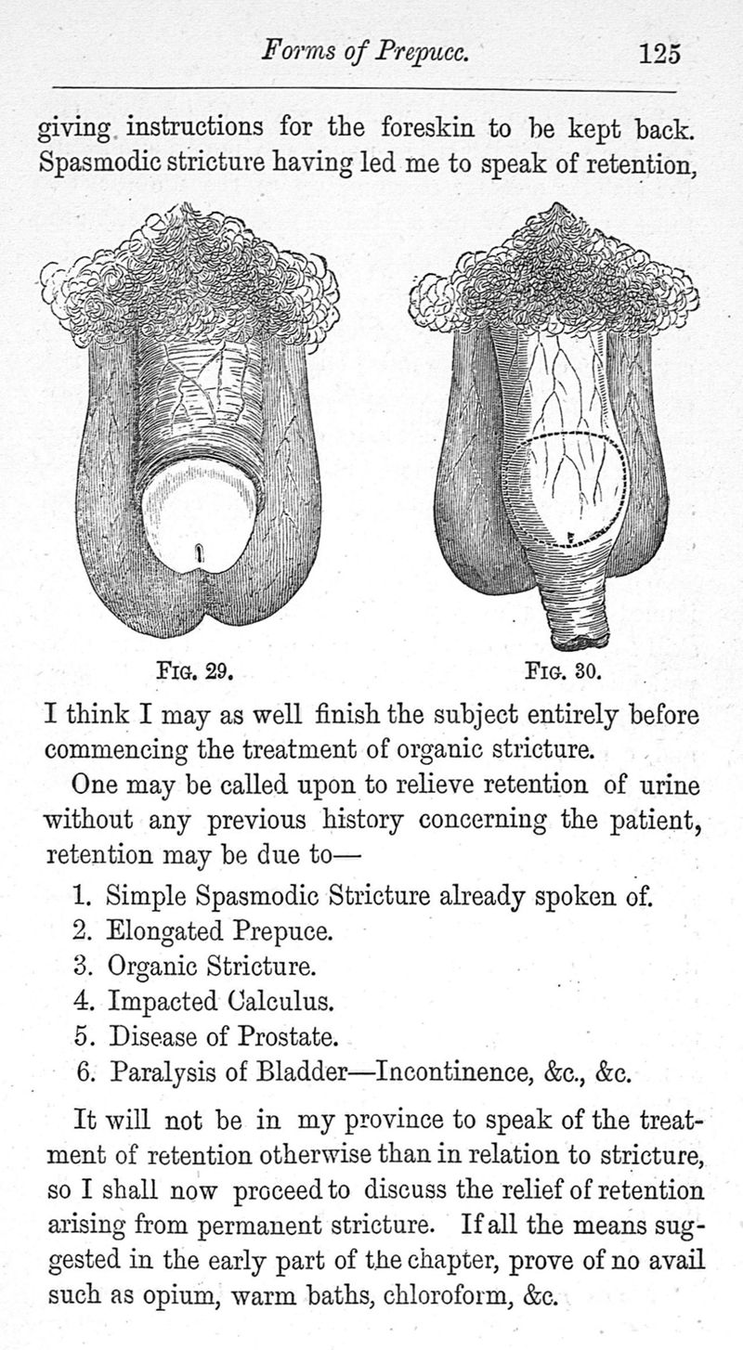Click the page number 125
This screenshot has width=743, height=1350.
(659, 54)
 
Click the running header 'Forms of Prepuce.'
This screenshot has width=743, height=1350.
(365, 52)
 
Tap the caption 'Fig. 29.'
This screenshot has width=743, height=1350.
(194, 670)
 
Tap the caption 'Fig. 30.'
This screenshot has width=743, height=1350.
(563, 670)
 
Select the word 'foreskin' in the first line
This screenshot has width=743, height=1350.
(427, 128)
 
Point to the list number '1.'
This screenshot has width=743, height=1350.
(83, 896)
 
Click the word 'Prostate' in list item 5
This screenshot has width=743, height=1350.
(287, 1036)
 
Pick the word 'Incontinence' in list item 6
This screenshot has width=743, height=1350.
(450, 1072)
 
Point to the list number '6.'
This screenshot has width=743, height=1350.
(87, 1072)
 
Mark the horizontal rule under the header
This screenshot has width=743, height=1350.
(365, 89)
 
